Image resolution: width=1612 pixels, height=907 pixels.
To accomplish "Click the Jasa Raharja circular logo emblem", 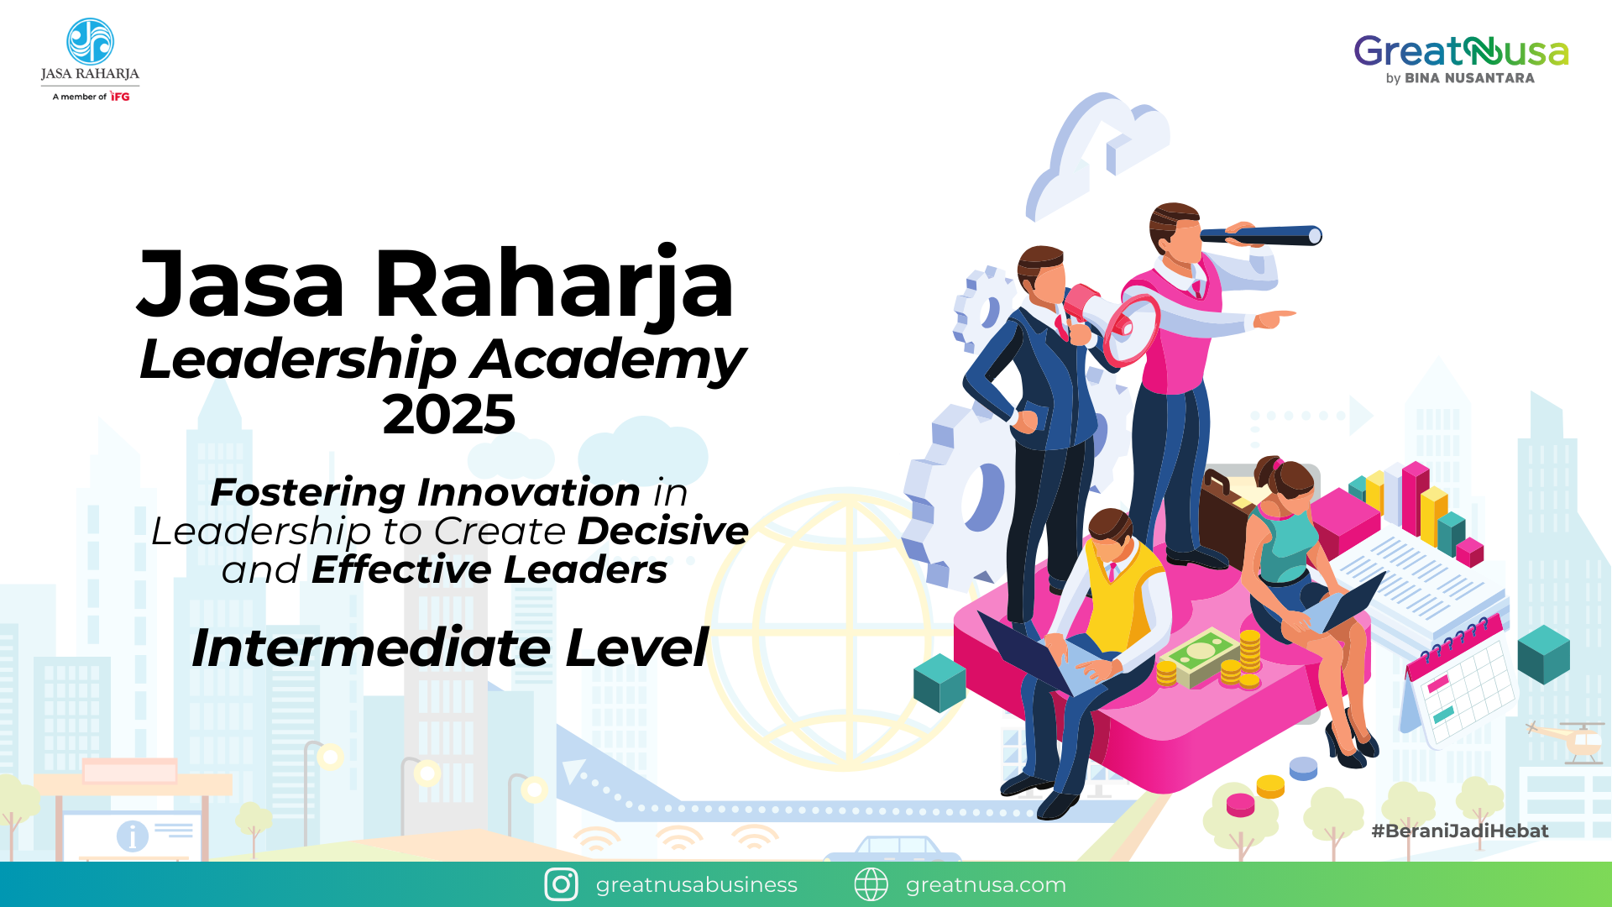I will click(90, 41).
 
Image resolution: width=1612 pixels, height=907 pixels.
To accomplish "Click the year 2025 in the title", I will click(449, 415).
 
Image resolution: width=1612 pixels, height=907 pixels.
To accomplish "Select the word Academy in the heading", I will click(608, 359).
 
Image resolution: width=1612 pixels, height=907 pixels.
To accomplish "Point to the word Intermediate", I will click(371, 648).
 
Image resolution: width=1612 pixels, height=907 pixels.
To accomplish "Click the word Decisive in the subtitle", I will click(663, 531).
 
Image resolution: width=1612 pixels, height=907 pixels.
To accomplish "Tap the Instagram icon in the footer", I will click(561, 884).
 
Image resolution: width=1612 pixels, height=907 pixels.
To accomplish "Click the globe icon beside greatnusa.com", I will click(871, 884).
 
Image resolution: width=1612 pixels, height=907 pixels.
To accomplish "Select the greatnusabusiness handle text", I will click(696, 884).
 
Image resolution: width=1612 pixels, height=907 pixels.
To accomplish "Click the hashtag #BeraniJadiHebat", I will click(1460, 831).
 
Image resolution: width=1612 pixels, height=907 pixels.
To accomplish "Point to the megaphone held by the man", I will click(1117, 323).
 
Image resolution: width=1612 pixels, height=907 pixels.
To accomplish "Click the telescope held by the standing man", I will click(1259, 235).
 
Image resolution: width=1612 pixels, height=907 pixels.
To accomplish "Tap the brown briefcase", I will click(1226, 512).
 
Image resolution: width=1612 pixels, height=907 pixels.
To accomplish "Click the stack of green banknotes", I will click(1201, 655).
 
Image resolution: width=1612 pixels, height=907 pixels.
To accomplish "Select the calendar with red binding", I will click(1461, 680).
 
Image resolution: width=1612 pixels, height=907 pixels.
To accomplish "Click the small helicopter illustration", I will click(1570, 739).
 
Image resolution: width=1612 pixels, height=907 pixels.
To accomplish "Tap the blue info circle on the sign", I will click(133, 836).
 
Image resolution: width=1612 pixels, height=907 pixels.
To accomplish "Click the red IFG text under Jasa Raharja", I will click(120, 97).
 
